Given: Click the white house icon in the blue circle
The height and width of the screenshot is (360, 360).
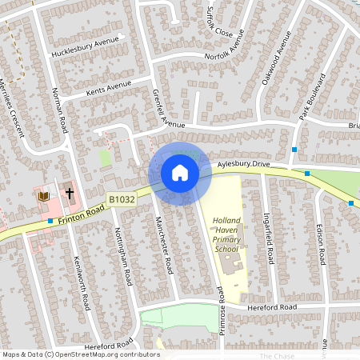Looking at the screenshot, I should click(180, 173).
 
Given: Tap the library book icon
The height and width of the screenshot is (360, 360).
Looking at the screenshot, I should click(43, 195).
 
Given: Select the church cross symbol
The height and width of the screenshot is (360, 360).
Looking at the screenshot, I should click(70, 194).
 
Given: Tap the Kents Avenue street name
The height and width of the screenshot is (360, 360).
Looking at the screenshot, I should click(108, 86).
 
